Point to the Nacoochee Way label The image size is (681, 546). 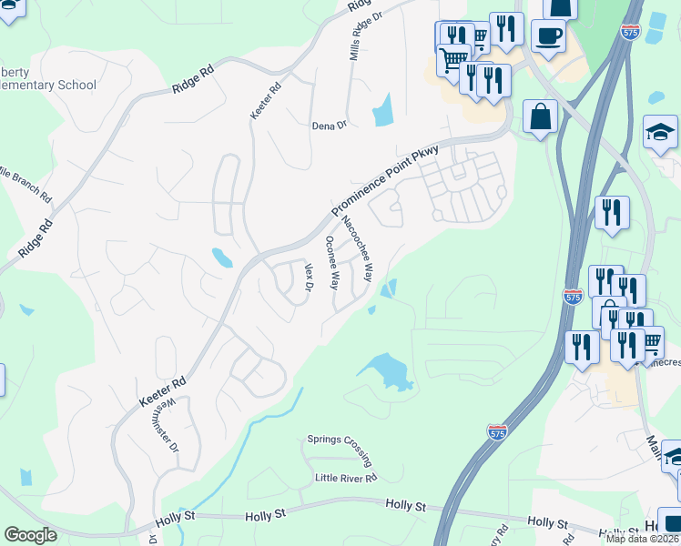pyautogui.click(x=356, y=248)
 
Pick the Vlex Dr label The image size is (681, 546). pyautogui.click(x=309, y=277)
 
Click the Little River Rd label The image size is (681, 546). pyautogui.click(x=345, y=478)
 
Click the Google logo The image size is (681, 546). pyautogui.click(x=30, y=535)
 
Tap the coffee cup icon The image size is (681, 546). pyautogui.click(x=548, y=36)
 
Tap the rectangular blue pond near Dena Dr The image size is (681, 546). pyautogui.click(x=382, y=110)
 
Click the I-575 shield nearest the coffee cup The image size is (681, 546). pyautogui.click(x=630, y=31)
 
